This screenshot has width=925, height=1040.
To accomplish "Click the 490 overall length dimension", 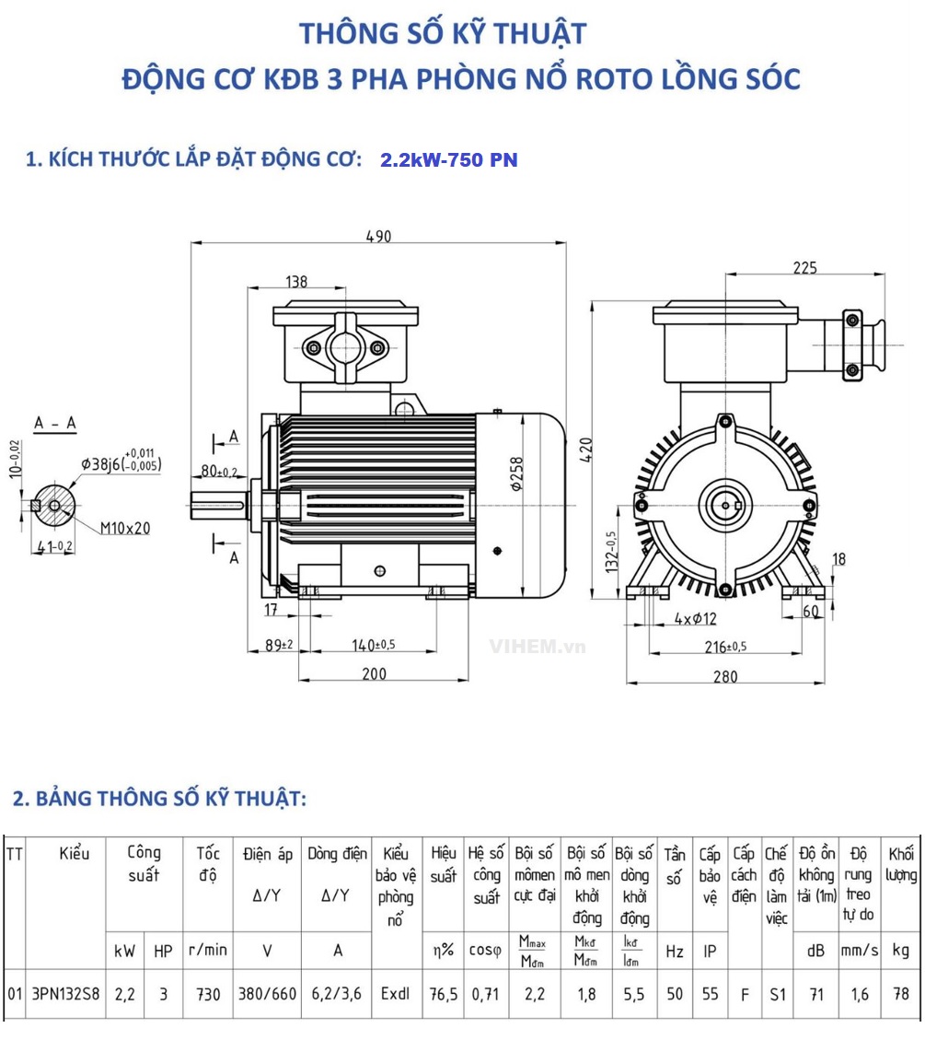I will tap(378, 236).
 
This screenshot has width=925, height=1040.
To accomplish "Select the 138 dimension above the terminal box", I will tap(296, 281).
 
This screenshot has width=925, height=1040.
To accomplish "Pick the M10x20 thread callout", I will tap(126, 528).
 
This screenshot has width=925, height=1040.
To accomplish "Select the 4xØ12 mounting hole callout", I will tap(695, 619).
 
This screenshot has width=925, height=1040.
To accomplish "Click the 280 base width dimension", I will tap(725, 677).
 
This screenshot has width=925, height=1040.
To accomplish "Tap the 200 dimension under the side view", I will tap(374, 674).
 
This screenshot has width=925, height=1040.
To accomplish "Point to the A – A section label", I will tap(55, 423).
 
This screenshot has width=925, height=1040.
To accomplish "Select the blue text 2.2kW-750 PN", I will tap(449, 160).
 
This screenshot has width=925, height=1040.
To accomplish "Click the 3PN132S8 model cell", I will tap(65, 995).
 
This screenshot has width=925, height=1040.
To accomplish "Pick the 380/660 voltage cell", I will tap(268, 995).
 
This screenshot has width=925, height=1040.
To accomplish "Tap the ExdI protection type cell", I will tap(396, 995).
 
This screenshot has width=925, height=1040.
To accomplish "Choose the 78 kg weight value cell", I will tap(901, 995).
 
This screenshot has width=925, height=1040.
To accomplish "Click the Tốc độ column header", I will tap(208, 863).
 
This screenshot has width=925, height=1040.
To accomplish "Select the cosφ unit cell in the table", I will tap(485, 951).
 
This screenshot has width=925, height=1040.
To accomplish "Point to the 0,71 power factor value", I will tap(485, 995).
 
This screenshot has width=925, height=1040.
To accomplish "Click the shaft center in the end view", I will tap(724, 505).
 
